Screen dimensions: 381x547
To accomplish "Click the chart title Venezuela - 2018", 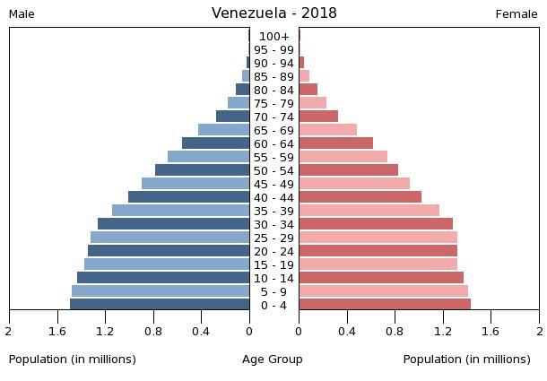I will tap(273, 13).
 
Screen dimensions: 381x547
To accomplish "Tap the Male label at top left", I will tap(22, 14).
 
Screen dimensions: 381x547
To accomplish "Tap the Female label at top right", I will tap(517, 14).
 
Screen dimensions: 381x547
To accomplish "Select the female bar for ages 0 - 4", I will tap(385, 305).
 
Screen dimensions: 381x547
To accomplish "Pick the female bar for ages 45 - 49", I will tap(354, 184).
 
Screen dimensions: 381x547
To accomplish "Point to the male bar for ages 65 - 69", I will tap(223, 130).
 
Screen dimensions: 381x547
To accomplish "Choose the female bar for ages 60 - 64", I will tap(335, 143).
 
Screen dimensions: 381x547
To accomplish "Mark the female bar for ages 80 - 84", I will tap(308, 90).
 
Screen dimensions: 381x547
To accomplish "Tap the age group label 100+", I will tap(273, 37).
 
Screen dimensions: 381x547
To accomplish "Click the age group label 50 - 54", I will tap(273, 171).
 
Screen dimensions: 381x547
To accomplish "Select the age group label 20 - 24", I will tap(273, 252).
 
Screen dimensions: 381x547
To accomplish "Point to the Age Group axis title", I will tap(273, 359).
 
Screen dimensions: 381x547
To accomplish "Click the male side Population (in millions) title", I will tap(73, 359).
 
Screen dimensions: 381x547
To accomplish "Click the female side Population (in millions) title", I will tap(466, 359).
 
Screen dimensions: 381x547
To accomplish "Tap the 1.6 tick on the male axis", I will tap(57, 332).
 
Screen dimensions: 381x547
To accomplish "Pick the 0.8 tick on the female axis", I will tap(395, 332).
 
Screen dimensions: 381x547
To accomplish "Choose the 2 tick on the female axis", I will tap(538, 332).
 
